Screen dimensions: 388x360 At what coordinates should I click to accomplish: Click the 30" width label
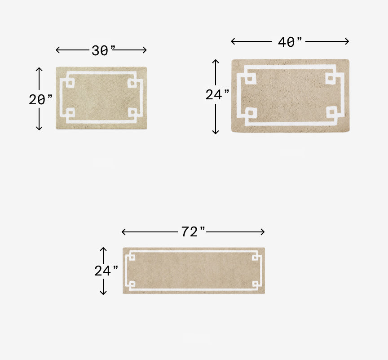point(103,51)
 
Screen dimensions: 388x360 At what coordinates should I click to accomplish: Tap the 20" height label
point(40,100)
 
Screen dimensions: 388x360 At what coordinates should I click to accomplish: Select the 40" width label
point(290,42)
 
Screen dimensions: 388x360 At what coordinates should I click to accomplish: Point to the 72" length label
point(193,232)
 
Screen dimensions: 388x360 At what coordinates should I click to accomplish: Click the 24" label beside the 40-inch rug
point(217,94)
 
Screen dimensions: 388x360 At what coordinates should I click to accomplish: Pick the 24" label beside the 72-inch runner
point(106,271)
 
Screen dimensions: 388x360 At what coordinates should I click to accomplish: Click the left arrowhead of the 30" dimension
point(57,50)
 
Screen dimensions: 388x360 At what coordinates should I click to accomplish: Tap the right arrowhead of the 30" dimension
point(145,50)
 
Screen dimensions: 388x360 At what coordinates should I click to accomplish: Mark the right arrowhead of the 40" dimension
point(347,41)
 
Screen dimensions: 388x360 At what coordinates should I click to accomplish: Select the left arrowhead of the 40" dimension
point(233,41)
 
